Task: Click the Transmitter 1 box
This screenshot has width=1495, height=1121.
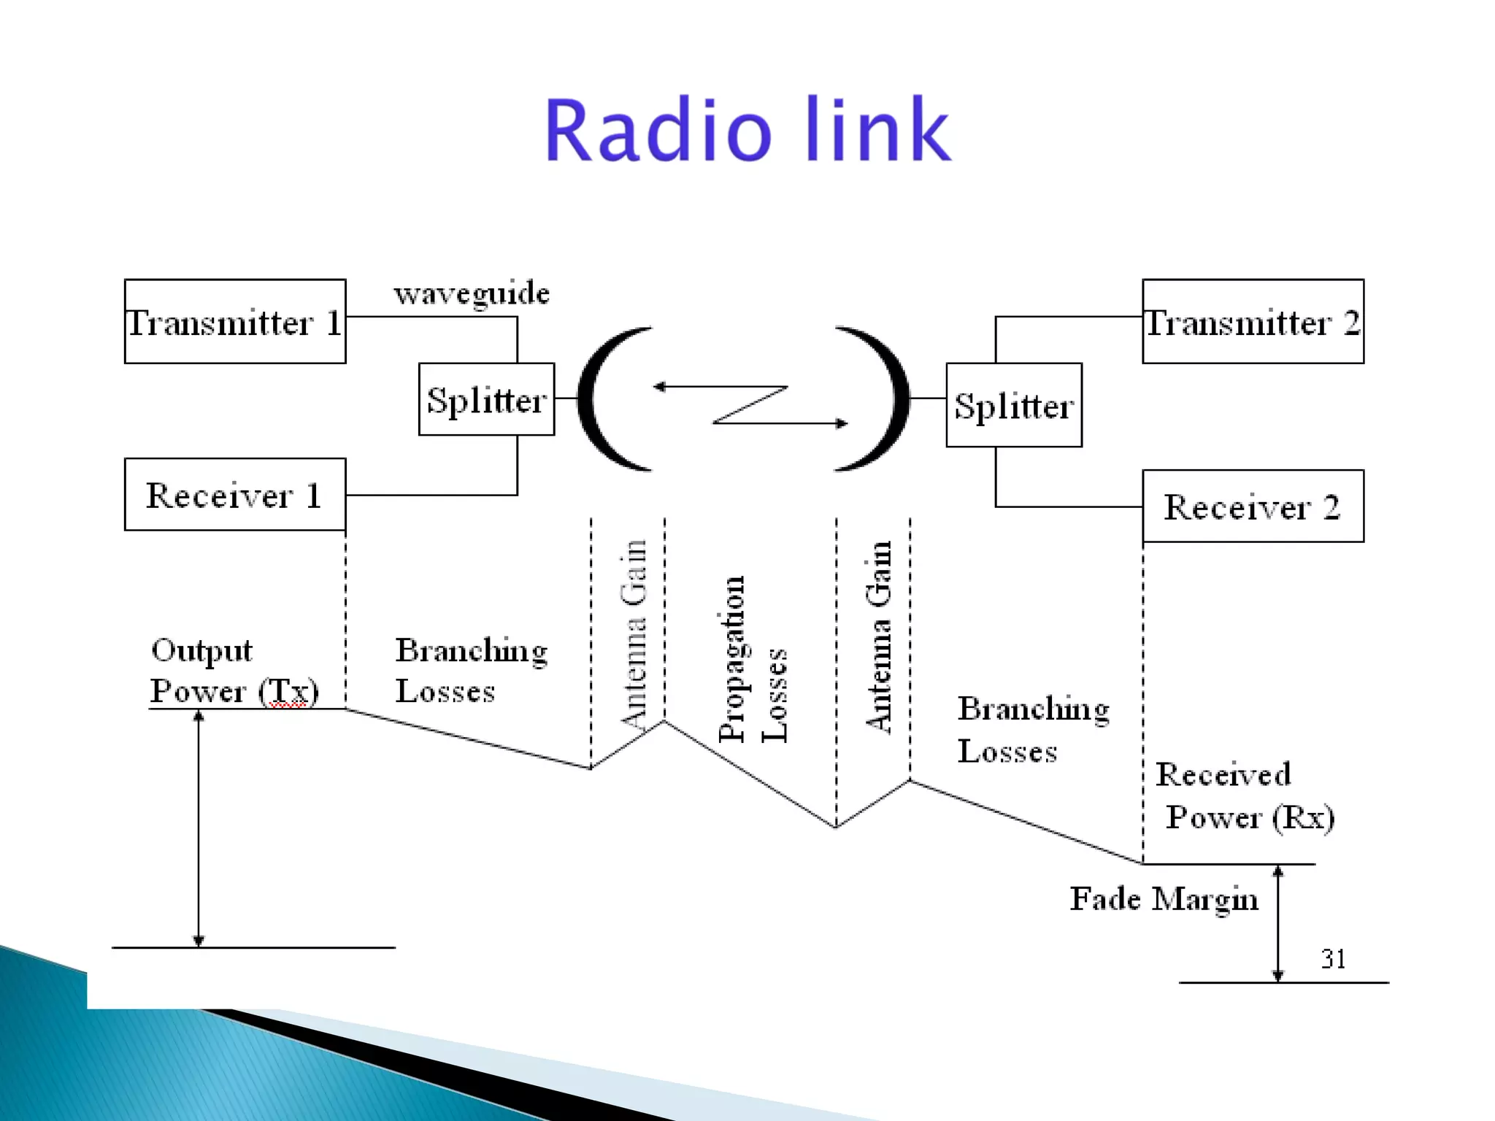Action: (x=235, y=321)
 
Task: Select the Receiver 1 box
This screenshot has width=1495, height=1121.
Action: (x=235, y=494)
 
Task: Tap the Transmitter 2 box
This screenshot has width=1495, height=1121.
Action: (x=1253, y=321)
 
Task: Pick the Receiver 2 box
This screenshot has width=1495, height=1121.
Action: (x=1253, y=506)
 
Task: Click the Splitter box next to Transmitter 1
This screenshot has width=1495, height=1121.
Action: (x=486, y=399)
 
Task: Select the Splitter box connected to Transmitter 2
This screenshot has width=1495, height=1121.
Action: (x=1014, y=405)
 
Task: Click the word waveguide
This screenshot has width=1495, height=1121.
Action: (x=472, y=293)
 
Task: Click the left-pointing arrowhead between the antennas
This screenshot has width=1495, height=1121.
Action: (x=659, y=387)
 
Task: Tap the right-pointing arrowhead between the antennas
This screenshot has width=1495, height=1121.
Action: (x=842, y=423)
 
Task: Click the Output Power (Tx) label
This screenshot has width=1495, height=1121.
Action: (x=234, y=670)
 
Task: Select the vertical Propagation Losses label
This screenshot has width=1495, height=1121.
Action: (x=752, y=659)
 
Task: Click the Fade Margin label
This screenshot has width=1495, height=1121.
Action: (x=1164, y=898)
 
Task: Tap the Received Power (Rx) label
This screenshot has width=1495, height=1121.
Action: (x=1244, y=796)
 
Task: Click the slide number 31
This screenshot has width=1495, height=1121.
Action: (x=1333, y=958)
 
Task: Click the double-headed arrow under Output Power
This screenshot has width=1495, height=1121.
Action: (x=199, y=828)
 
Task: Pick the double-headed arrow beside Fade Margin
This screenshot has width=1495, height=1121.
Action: (x=1277, y=923)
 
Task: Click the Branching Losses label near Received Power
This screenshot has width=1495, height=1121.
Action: (x=1032, y=729)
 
